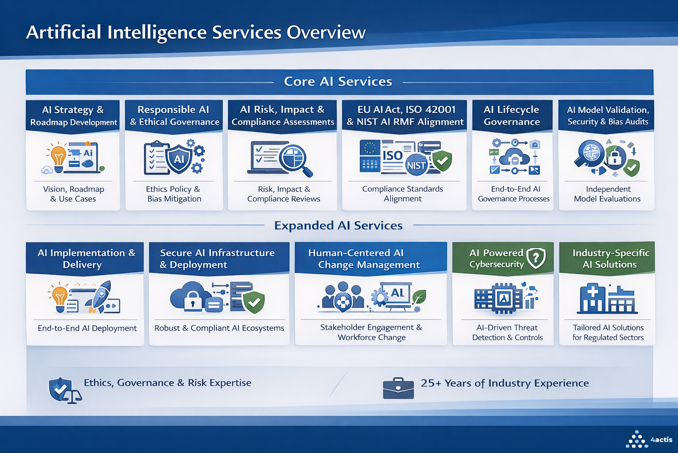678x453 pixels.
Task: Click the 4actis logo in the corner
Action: [x=649, y=439]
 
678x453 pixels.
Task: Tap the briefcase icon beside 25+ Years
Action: [x=398, y=388]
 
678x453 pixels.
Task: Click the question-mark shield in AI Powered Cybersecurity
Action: [x=536, y=257]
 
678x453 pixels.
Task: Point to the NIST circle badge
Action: [x=416, y=165]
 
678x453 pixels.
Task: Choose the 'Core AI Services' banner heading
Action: [x=338, y=81]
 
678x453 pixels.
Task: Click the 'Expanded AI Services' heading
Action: [x=338, y=226]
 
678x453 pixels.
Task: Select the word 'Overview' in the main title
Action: [x=326, y=32]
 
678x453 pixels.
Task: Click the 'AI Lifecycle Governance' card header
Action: [x=512, y=115]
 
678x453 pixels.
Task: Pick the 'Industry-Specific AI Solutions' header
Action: [x=610, y=258]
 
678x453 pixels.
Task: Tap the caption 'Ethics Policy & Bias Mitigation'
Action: [x=174, y=194]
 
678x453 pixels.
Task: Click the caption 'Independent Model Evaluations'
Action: [x=607, y=194]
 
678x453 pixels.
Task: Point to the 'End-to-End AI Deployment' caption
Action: [x=87, y=328]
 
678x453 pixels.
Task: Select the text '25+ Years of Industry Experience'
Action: [x=505, y=383]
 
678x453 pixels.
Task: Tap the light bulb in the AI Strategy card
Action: [x=58, y=157]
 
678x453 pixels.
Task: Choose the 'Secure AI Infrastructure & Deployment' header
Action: [x=217, y=258]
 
